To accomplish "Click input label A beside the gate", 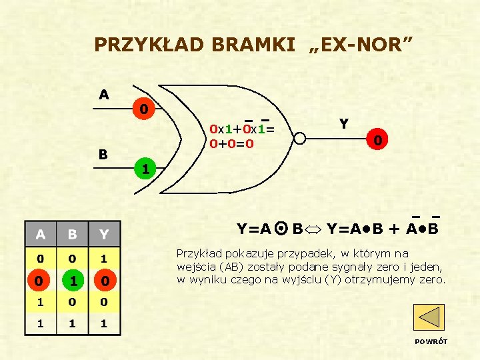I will pyautogui.click(x=104, y=95).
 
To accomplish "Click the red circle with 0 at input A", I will pyautogui.click(x=143, y=108).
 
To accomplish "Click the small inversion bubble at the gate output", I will pyautogui.click(x=300, y=139).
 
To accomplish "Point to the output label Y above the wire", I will pyautogui.click(x=343, y=123).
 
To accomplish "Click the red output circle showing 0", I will pyautogui.click(x=377, y=141).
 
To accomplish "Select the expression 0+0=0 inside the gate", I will pyautogui.click(x=231, y=143).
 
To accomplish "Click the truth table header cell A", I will pyautogui.click(x=41, y=234).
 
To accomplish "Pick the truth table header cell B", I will pyautogui.click(x=73, y=234).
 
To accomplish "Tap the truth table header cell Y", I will pyautogui.click(x=104, y=234).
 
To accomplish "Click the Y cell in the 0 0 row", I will pyautogui.click(x=104, y=257).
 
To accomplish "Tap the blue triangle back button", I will pyautogui.click(x=429, y=317).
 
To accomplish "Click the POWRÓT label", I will pyautogui.click(x=431, y=341).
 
